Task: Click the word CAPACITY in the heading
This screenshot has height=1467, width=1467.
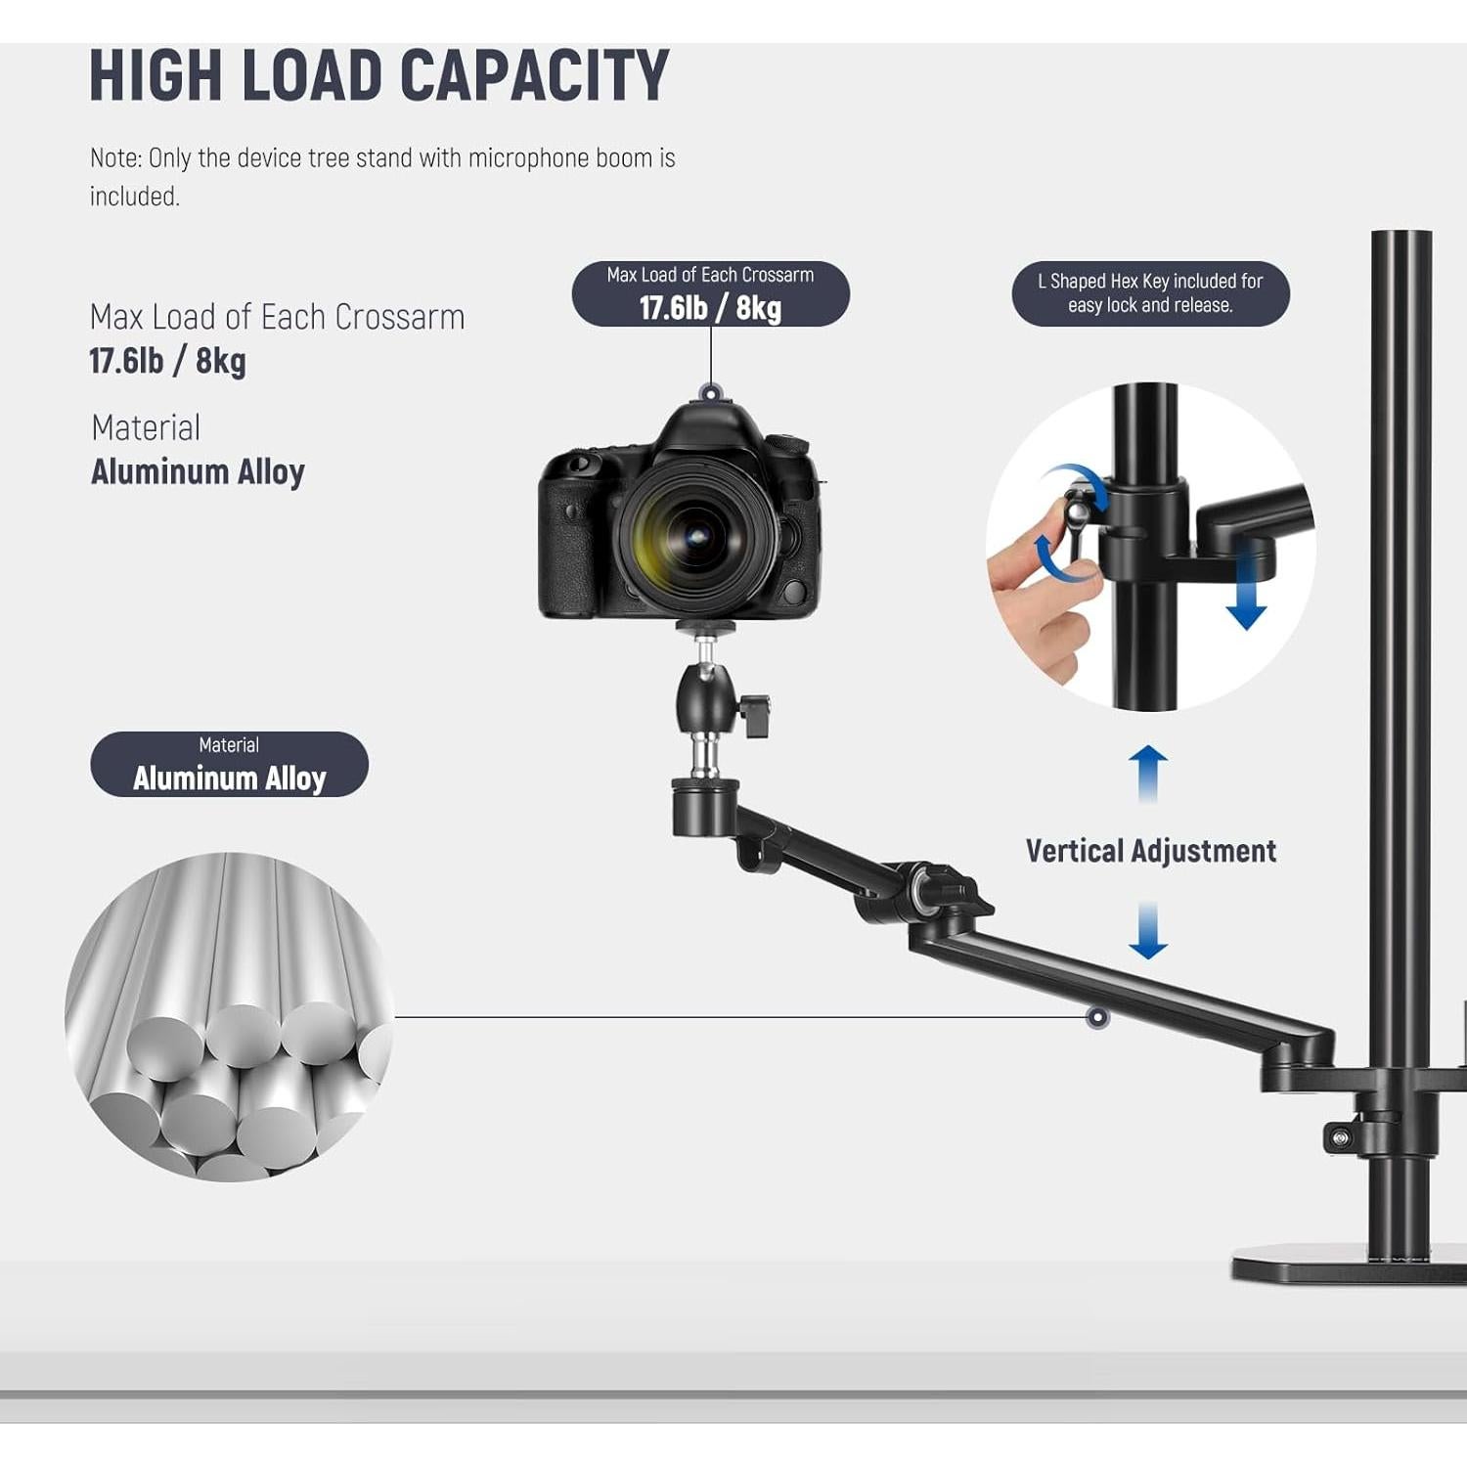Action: (x=535, y=75)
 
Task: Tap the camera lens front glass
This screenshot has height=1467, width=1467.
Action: (x=696, y=535)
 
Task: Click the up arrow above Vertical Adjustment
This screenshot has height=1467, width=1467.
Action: (x=1148, y=774)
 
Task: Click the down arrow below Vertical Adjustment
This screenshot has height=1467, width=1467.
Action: (x=1148, y=929)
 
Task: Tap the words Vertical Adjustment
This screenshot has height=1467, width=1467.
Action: (x=1151, y=851)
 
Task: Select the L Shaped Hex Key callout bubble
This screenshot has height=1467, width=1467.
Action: (x=1150, y=293)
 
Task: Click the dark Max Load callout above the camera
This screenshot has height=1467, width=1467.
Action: (x=711, y=293)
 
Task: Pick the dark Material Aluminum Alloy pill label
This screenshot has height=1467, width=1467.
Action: (x=229, y=764)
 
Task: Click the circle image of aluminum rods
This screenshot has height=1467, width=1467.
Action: (x=229, y=1016)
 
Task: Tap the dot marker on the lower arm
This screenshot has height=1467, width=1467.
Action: (x=1097, y=1017)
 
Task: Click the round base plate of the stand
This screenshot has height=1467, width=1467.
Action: (x=1349, y=1264)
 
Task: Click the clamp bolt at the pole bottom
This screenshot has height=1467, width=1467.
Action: (x=1339, y=1136)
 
